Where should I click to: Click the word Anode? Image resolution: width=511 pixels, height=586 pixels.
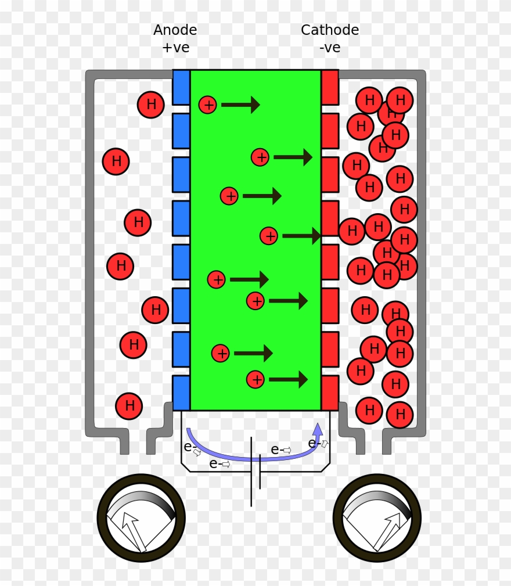tap(175, 30)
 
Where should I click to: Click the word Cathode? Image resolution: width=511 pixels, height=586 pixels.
tap(330, 30)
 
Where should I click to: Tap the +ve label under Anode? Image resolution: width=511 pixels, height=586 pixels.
tap(176, 48)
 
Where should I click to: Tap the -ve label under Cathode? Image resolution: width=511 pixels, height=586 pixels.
tap(330, 48)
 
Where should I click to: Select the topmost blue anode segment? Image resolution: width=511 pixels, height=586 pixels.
tap(181, 87)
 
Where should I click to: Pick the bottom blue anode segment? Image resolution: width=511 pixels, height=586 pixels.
tap(181, 393)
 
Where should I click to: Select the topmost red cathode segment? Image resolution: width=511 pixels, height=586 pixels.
tap(330, 87)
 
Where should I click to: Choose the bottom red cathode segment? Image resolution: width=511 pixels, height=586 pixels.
tap(330, 393)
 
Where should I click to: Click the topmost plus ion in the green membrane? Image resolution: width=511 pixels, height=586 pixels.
tap(208, 105)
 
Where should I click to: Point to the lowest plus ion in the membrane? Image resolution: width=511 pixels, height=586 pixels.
tap(256, 379)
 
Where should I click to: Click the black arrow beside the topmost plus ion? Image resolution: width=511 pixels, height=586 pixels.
tap(240, 105)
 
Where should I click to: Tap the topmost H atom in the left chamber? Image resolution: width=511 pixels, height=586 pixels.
tap(151, 105)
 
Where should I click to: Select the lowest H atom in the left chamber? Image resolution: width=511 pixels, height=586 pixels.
tap(129, 406)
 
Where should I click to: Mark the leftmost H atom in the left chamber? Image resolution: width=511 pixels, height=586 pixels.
tap(116, 161)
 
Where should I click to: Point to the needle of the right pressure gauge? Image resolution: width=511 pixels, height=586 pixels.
tap(387, 532)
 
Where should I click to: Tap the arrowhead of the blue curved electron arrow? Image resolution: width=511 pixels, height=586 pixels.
tap(318, 429)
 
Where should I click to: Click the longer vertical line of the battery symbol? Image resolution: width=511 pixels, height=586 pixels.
tap(251, 472)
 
